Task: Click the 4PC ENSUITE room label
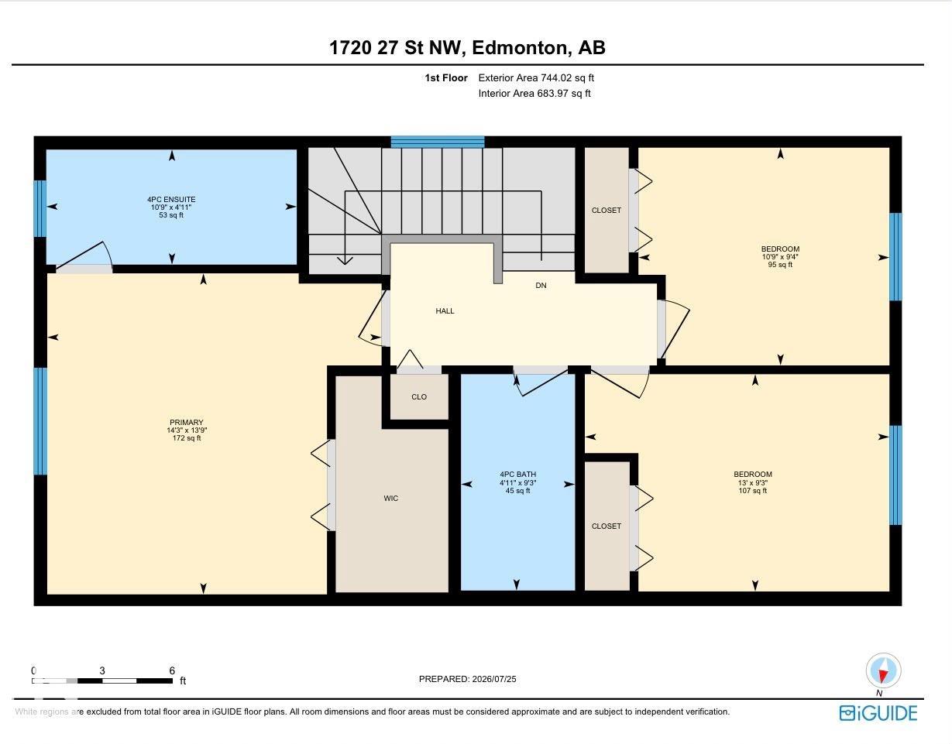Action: (171, 199)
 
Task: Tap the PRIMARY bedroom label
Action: (187, 423)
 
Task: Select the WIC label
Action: (390, 498)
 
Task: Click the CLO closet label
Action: (419, 396)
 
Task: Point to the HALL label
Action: (445, 310)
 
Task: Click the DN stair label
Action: (541, 286)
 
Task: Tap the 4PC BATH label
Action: (518, 474)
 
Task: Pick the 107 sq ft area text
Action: (753, 491)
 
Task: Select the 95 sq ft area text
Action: (780, 264)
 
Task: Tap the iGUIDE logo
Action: (878, 713)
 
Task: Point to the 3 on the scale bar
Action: (102, 670)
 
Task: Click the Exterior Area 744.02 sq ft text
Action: (536, 78)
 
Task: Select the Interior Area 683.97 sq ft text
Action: (534, 93)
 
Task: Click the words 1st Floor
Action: (446, 78)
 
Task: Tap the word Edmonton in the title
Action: (519, 48)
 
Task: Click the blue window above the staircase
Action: (438, 142)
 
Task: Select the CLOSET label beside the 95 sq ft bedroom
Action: (607, 210)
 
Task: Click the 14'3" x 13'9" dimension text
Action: (187, 430)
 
